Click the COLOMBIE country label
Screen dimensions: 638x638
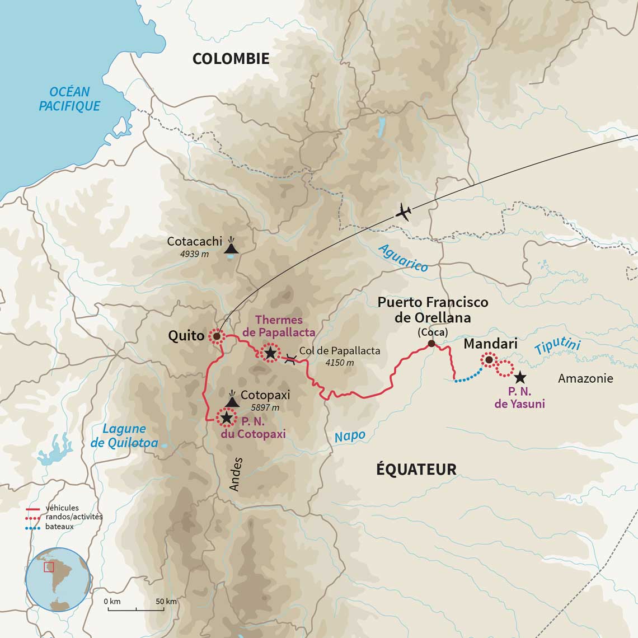pyautogui.click(x=231, y=59)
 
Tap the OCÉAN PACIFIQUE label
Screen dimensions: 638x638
pyautogui.click(x=70, y=99)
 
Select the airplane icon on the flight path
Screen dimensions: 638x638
pyautogui.click(x=404, y=213)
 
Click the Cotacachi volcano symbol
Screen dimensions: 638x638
pyautogui.click(x=231, y=246)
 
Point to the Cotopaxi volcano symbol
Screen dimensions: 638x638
pyautogui.click(x=232, y=398)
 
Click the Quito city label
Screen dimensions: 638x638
pyautogui.click(x=186, y=336)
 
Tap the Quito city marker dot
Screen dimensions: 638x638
pyautogui.click(x=215, y=336)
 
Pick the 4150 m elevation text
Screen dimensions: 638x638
pyautogui.click(x=340, y=363)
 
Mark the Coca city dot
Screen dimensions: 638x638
pyautogui.click(x=431, y=344)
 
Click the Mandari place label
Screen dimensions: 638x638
pyautogui.click(x=490, y=344)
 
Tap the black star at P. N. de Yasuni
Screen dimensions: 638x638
pyautogui.click(x=520, y=377)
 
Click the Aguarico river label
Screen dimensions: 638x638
pyautogui.click(x=403, y=258)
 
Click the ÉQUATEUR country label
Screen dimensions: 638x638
pyautogui.click(x=416, y=469)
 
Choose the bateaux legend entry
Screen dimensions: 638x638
pyautogui.click(x=59, y=527)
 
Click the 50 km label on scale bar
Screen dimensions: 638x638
pyautogui.click(x=166, y=602)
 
